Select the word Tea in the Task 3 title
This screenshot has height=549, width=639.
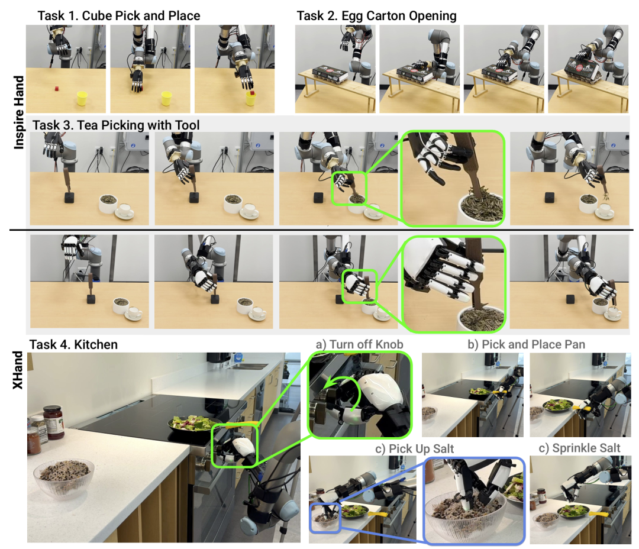87,125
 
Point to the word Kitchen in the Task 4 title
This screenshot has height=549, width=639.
96,345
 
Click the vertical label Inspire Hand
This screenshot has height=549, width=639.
19,112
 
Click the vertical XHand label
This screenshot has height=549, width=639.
17,370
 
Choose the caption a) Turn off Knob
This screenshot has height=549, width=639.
360,345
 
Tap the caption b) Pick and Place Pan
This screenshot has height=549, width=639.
526,345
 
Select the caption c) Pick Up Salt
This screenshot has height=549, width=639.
414,449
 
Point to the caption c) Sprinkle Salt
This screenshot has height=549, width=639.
579,448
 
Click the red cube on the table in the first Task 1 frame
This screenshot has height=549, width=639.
57,88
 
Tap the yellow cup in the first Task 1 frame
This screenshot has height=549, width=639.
82,98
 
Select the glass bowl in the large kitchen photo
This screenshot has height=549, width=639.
63,478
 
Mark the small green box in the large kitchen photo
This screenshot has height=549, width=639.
235,445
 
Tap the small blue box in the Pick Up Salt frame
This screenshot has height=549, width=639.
325,518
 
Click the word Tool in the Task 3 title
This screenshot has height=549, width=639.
187,125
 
